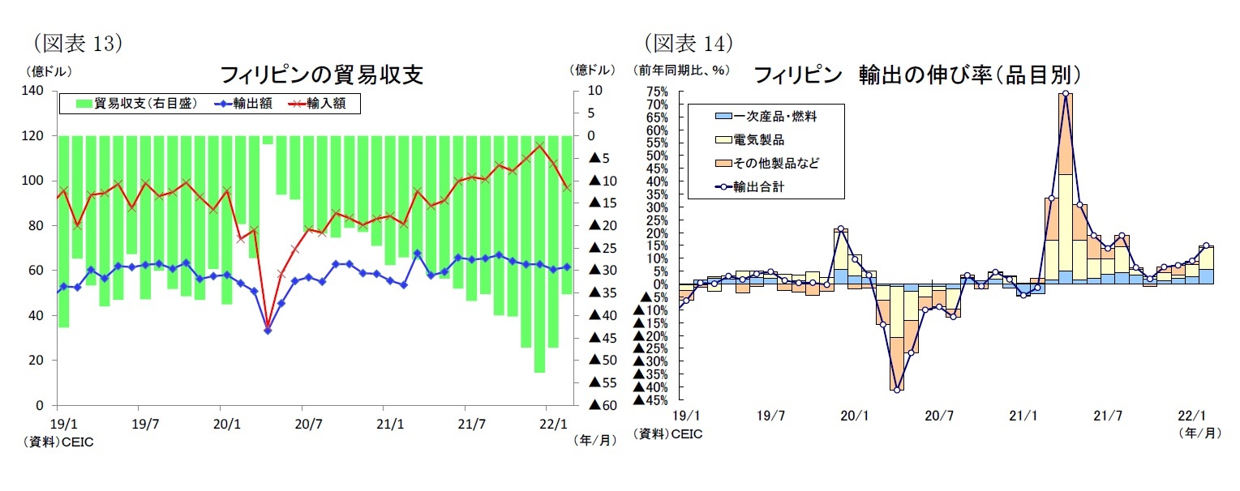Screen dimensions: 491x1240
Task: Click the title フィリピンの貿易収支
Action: point(321,75)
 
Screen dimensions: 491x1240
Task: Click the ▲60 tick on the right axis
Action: point(605,405)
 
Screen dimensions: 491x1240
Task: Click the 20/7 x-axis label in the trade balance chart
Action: point(308,423)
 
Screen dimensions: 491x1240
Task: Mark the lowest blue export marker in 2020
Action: point(268,331)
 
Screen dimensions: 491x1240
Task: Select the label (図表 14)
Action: point(689,43)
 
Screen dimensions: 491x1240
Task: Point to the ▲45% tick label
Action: point(650,399)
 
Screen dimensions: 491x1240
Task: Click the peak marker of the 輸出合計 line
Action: point(1065,93)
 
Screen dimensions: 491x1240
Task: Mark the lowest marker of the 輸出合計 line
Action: point(897,390)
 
